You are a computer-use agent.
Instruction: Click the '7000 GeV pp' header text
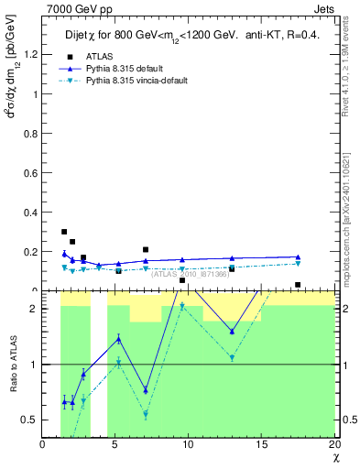tap(71, 8)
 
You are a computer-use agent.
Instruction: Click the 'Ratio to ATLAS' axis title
tap(12, 365)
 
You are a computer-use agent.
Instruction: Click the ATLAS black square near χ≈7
tap(146, 249)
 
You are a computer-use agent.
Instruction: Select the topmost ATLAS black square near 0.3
tap(64, 232)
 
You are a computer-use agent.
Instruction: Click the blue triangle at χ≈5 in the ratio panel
tap(118, 339)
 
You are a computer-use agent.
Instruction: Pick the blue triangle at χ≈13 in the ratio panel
tap(232, 332)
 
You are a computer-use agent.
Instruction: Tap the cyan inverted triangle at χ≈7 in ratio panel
tap(146, 414)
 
